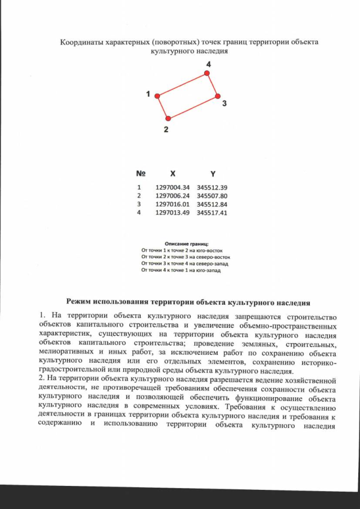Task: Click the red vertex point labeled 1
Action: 158,96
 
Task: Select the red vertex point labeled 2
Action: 168,118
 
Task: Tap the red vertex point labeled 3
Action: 217,96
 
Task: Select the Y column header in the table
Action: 213,174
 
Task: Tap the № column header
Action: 141,174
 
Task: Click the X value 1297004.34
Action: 173,187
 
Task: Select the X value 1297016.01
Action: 173,204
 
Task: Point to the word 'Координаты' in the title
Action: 80,42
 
